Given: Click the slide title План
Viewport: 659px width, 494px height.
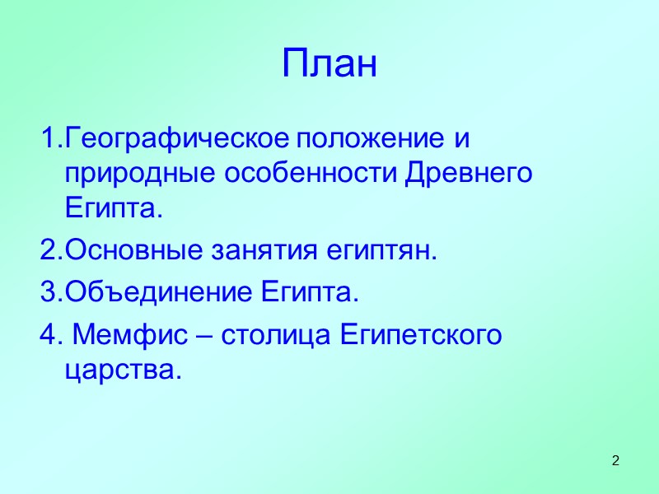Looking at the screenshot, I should (329, 64).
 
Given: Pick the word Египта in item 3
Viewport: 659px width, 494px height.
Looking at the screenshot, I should (311, 293).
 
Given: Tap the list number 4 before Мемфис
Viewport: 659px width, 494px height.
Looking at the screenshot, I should (46, 336).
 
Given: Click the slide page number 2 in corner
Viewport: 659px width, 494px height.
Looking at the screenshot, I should (615, 459).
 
